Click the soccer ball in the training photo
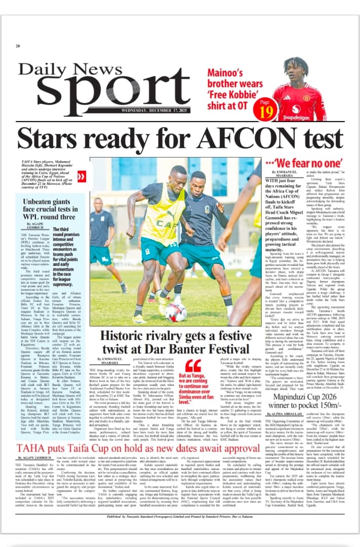[175, 311]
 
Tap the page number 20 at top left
[18, 46]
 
